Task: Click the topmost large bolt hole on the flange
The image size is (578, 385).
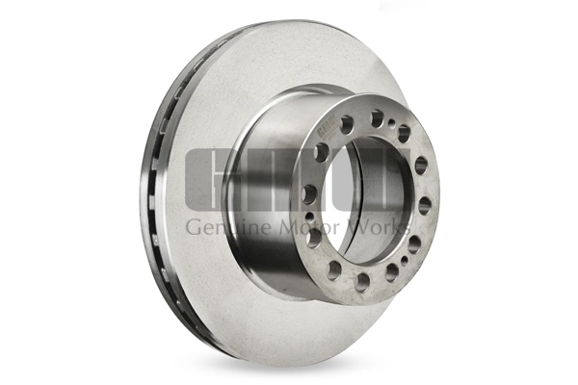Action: (377, 117)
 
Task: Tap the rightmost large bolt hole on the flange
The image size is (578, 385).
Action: (424, 206)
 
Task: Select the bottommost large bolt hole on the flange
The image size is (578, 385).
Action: (362, 282)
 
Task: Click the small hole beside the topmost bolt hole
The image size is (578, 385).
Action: (393, 118)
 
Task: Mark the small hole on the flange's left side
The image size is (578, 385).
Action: (308, 217)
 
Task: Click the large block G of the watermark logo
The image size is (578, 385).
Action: (212, 179)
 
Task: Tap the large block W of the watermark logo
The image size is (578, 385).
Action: (366, 179)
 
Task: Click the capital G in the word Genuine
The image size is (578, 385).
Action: (192, 227)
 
